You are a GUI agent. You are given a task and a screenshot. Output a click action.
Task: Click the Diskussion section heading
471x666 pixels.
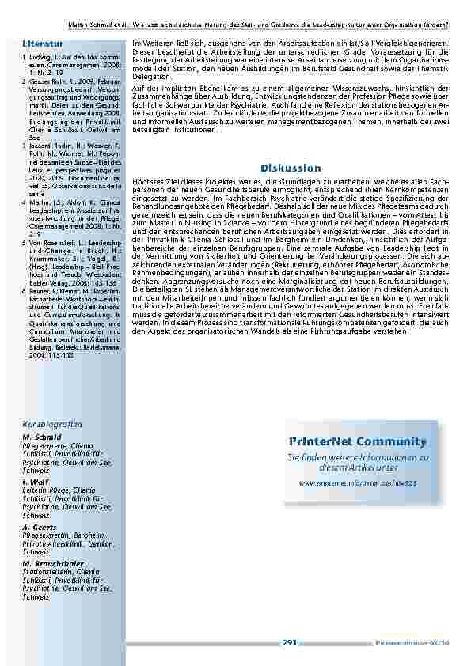click(x=291, y=168)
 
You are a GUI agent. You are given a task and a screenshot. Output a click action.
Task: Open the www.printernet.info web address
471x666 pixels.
click(x=358, y=482)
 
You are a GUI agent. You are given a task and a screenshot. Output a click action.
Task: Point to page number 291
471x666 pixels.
click(x=289, y=643)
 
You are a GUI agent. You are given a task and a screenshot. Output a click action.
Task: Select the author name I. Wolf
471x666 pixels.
click(x=34, y=480)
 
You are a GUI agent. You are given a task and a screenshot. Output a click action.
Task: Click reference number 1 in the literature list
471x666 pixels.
click(x=24, y=58)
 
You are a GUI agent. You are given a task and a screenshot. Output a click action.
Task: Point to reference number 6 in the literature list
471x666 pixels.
click(x=24, y=292)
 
